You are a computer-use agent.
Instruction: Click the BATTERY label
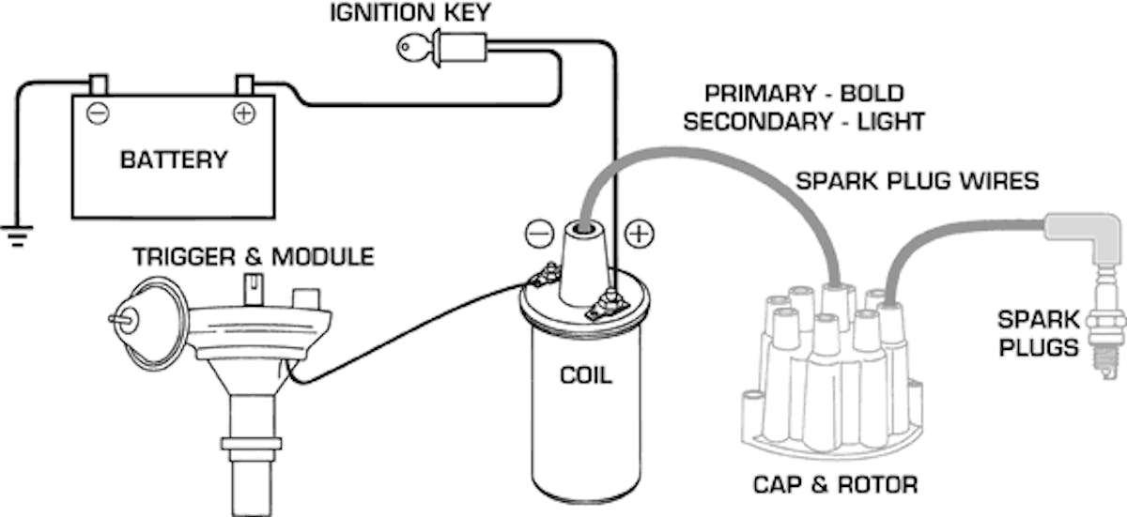[x=174, y=160]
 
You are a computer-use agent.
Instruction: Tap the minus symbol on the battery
[x=97, y=114]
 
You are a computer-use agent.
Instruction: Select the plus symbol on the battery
[x=243, y=114]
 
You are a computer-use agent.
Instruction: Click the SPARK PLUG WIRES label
[x=917, y=180]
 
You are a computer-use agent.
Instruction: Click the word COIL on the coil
[x=584, y=375]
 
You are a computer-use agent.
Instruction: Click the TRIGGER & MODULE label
[x=253, y=256]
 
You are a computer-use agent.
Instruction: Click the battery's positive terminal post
[x=244, y=84]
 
